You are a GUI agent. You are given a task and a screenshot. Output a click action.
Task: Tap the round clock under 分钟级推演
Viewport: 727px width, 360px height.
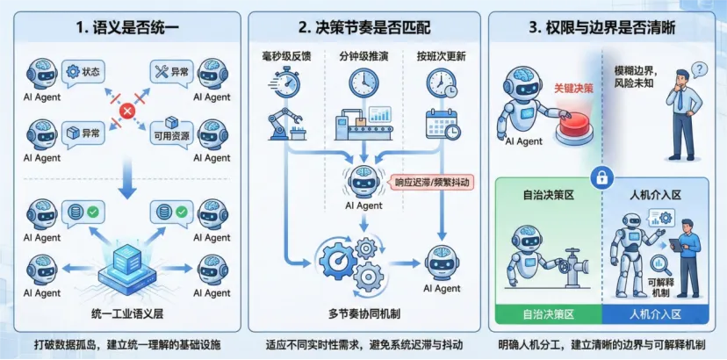363,83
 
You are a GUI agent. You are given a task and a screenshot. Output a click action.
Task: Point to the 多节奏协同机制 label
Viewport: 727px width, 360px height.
363,313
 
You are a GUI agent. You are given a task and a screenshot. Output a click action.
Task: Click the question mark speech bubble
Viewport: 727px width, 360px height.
699,69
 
